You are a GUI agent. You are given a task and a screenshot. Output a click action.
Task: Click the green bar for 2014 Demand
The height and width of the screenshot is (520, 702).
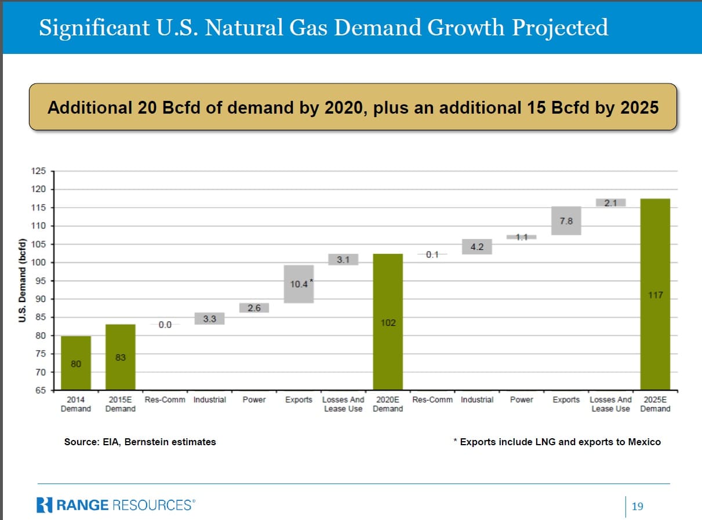[76, 362]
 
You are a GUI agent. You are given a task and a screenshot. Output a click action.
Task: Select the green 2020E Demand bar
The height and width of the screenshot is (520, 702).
[388, 322]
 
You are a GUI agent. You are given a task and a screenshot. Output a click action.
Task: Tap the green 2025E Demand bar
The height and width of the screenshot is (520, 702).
[655, 294]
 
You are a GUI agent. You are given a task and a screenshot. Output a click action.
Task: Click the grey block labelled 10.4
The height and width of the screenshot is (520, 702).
[299, 284]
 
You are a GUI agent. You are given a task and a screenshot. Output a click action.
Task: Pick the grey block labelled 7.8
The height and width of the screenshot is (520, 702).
[566, 221]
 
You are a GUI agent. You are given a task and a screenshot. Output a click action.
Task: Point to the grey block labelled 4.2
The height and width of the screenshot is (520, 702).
[477, 247]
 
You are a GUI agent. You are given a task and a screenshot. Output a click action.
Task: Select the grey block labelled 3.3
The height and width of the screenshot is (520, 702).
[209, 319]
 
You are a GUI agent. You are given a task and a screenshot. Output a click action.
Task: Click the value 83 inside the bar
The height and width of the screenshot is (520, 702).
[120, 357]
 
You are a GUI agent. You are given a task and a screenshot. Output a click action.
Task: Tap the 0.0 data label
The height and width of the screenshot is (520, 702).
[165, 325]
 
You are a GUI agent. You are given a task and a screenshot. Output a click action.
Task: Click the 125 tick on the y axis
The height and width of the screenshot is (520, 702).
[39, 171]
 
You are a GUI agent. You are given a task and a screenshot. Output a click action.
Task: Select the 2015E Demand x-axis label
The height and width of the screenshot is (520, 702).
[120, 404]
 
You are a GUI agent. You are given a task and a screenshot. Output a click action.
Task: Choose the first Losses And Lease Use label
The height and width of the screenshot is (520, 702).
[343, 404]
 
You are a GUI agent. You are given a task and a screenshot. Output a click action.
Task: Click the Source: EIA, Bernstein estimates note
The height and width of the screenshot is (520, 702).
[140, 442]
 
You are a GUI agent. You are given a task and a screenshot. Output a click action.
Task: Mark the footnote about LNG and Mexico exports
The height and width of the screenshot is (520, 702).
[556, 442]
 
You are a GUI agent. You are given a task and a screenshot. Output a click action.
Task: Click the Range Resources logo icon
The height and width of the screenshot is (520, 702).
[44, 505]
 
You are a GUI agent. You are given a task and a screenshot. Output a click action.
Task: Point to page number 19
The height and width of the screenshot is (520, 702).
[637, 507]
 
